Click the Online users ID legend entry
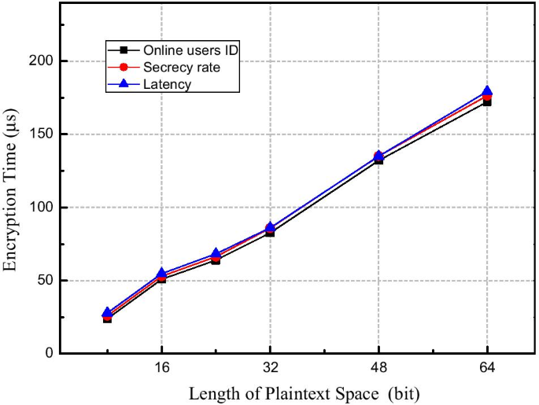190,50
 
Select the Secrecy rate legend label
180,67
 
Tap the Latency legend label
166,83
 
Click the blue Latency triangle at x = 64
487,92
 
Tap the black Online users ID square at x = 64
487,102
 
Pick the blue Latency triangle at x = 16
161,274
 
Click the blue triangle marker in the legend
124,83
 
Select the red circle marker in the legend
124,67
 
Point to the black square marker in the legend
124,50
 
